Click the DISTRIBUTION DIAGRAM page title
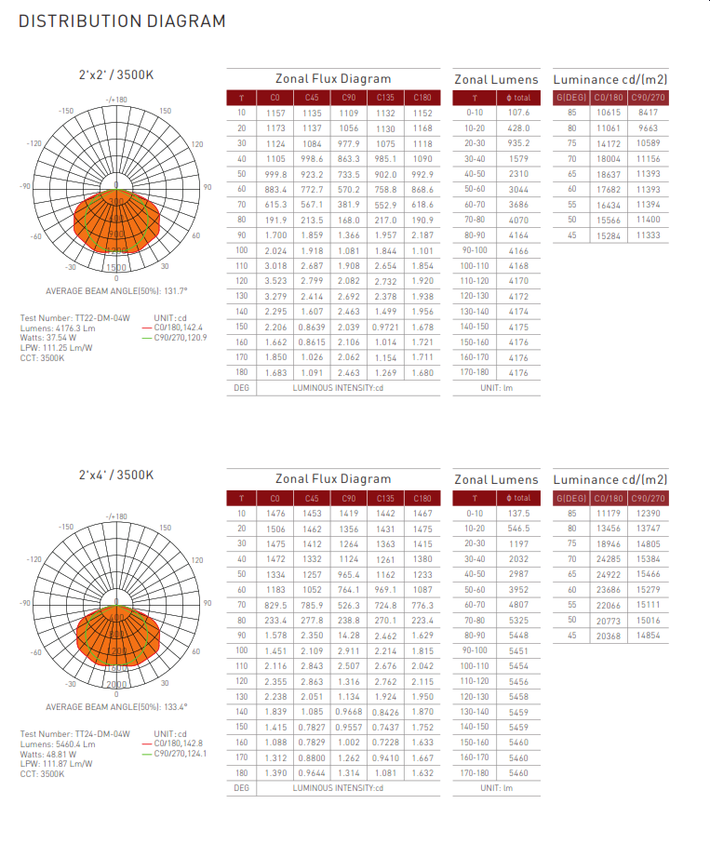coord(122,21)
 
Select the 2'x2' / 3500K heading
coord(116,75)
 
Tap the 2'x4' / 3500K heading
coord(116,475)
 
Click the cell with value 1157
coord(275,113)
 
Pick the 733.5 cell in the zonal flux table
coord(348,174)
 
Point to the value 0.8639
coord(312,327)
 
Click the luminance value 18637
coord(609,174)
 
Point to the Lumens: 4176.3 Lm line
coord(58,328)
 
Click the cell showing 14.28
coord(348,636)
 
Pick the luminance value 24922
coord(609,574)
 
